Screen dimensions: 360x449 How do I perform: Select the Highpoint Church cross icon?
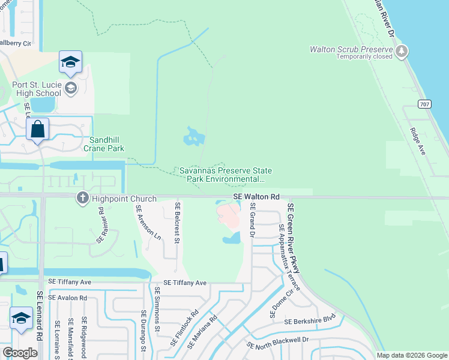tap(83, 198)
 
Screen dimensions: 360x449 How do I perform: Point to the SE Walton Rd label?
tap(256, 197)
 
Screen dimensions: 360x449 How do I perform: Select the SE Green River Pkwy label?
tap(294, 239)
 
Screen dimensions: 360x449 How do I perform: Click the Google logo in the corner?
tap(20, 353)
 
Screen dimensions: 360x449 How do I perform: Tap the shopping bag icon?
tap(37, 130)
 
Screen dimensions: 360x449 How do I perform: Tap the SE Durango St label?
tap(143, 331)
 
